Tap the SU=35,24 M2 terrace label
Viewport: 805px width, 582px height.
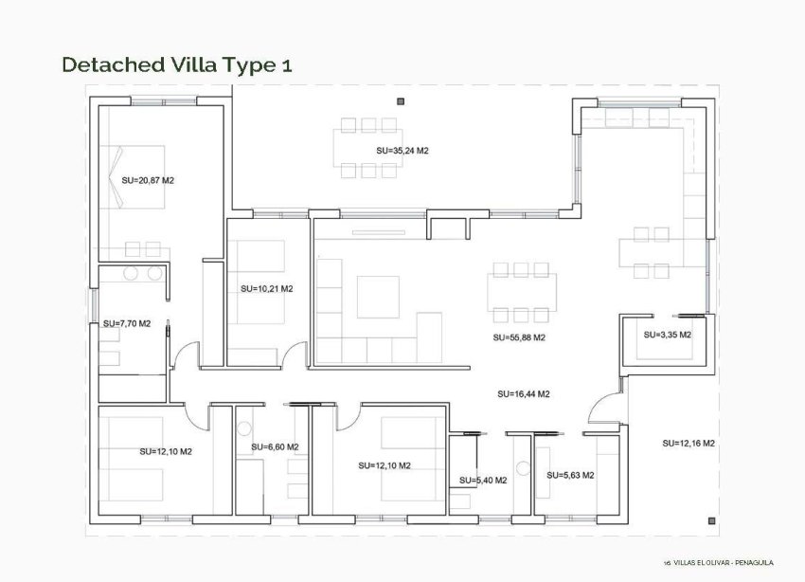pyautogui.click(x=402, y=151)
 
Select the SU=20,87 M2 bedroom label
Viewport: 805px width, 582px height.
pyautogui.click(x=148, y=179)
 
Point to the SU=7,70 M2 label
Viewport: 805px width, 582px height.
pyautogui.click(x=127, y=323)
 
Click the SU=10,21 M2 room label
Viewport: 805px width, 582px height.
pyautogui.click(x=266, y=288)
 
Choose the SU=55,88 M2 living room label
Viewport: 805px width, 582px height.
pyautogui.click(x=519, y=336)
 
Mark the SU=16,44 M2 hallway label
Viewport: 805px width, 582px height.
pyautogui.click(x=524, y=393)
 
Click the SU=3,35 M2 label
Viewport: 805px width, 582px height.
pyautogui.click(x=667, y=335)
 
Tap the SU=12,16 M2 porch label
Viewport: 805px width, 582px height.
pyautogui.click(x=688, y=443)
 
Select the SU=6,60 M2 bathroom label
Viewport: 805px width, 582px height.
pyautogui.click(x=275, y=446)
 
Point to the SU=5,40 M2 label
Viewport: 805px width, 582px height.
pyautogui.click(x=483, y=481)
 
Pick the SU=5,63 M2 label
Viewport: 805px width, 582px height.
pyautogui.click(x=570, y=475)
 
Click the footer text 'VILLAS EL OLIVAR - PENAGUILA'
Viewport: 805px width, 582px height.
pyautogui.click(x=723, y=563)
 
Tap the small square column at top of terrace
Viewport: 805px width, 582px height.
pyautogui.click(x=401, y=100)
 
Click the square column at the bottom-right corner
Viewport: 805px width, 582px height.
pyautogui.click(x=711, y=519)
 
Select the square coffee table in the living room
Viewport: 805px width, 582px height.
pyautogui.click(x=378, y=297)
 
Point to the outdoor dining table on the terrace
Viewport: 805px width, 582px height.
pyautogui.click(x=368, y=148)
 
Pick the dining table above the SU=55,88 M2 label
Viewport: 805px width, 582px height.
pyautogui.click(x=518, y=291)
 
